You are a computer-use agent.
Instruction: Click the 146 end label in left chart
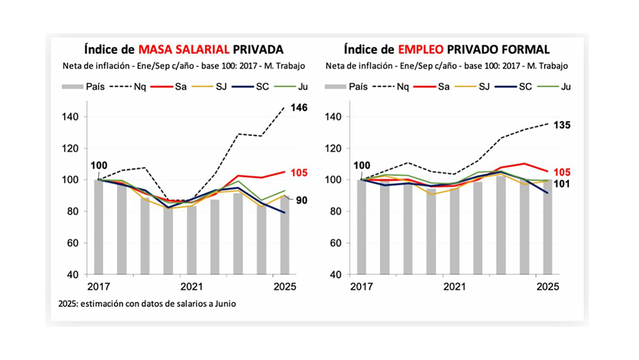(299, 108)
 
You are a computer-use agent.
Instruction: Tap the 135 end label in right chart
(562, 125)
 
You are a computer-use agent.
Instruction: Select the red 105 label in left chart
(299, 173)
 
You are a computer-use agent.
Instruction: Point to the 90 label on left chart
(302, 200)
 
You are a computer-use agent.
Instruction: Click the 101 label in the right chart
(562, 184)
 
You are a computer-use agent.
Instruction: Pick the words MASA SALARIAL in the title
(184, 50)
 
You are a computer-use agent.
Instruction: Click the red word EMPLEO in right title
(421, 50)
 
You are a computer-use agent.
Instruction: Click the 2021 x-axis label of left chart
(191, 287)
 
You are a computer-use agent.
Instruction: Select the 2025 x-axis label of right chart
(547, 287)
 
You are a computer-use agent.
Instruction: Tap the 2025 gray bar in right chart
(547, 230)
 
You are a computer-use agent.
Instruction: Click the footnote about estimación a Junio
(147, 304)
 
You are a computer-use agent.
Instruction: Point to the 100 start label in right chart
(361, 166)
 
